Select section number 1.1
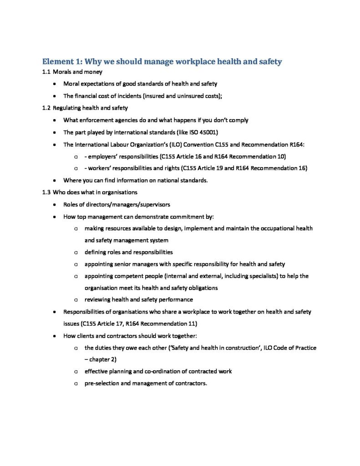pos(46,72)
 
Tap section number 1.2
pos(46,108)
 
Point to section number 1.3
pos(46,192)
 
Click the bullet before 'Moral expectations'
pos(55,84)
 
